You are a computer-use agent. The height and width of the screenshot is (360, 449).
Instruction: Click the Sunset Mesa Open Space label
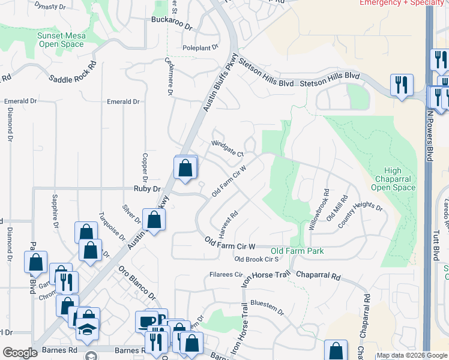61,40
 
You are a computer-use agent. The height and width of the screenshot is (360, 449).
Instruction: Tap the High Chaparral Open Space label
394,179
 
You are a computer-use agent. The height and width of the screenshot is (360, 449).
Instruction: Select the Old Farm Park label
297,250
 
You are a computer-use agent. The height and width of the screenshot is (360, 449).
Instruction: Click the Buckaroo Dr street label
172,28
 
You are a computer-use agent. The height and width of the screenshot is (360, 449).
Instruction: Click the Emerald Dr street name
123,102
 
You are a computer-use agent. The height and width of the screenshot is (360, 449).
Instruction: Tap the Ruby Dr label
148,188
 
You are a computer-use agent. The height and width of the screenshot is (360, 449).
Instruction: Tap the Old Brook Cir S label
256,260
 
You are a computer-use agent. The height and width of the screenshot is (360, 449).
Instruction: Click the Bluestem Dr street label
267,305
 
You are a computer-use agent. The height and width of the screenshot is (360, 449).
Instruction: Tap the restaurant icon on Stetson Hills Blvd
400,84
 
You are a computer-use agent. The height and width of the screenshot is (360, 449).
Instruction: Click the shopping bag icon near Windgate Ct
185,167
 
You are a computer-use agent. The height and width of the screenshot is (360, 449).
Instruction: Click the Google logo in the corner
20,353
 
